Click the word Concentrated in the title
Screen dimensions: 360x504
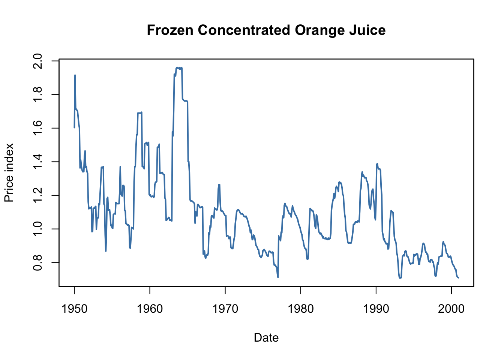point(244,30)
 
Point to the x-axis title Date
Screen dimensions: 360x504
point(266,337)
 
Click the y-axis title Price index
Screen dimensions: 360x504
point(9,172)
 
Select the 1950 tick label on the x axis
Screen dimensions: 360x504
point(74,309)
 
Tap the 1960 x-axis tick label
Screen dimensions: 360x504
point(150,309)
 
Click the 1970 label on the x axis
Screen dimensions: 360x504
point(225,309)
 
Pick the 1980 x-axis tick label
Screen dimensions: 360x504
point(300,309)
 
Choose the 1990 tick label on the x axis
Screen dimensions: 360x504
point(376,309)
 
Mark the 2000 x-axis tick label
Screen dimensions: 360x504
point(451,309)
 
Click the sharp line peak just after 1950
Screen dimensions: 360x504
point(75,75)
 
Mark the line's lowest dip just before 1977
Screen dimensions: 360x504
point(278,277)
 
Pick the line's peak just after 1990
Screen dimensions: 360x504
point(377,163)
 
